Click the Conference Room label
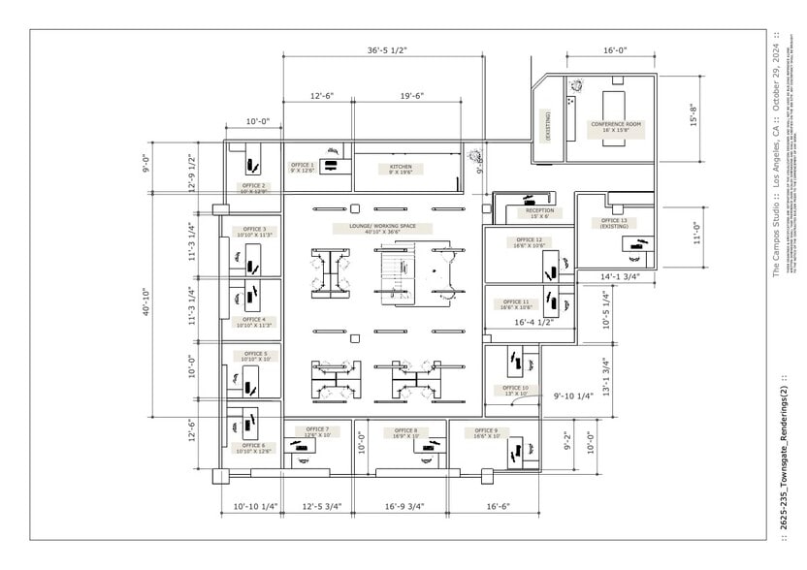point(616,127)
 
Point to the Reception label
point(539,212)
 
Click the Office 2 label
point(253,188)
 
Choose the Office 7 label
point(317,432)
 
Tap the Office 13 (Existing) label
point(614,223)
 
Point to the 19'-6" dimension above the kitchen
point(419,96)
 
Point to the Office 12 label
point(529,242)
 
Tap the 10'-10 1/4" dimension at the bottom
point(256,505)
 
